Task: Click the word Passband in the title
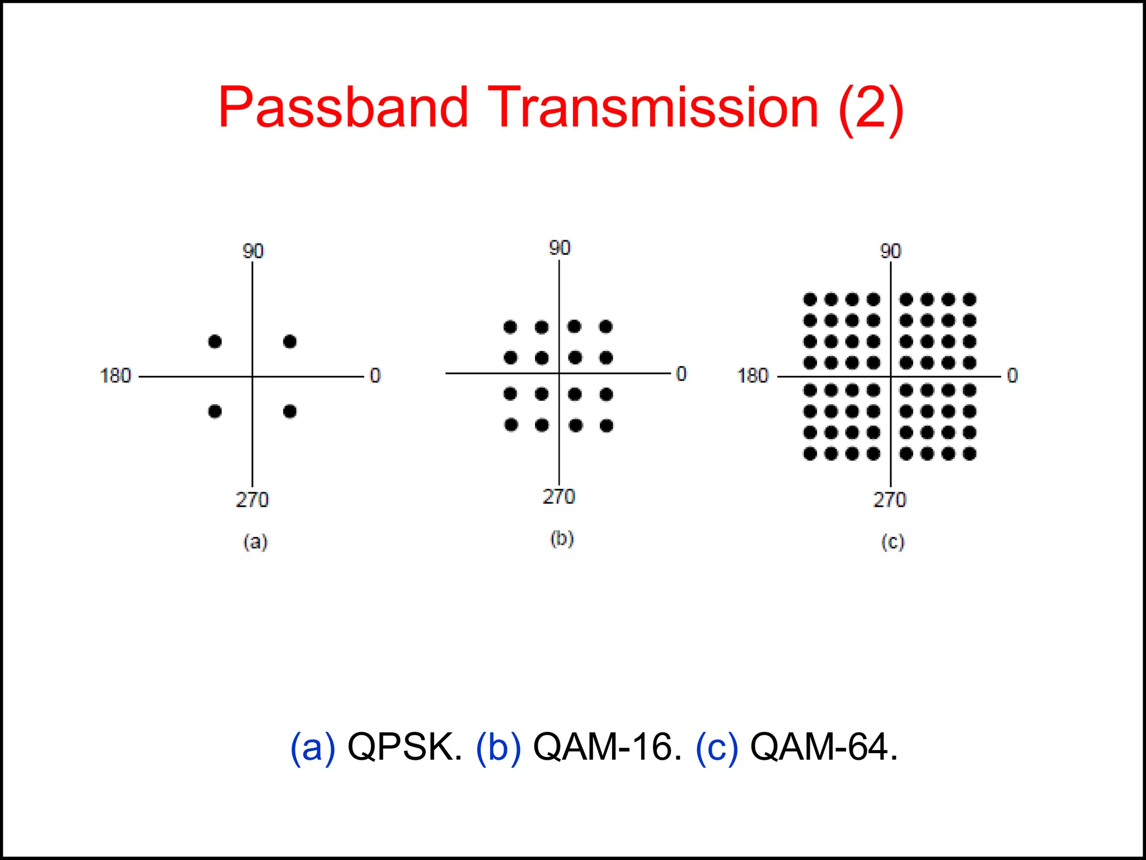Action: point(342,107)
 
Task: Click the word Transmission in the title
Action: point(653,107)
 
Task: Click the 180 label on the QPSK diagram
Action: point(115,376)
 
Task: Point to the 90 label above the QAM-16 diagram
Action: point(559,248)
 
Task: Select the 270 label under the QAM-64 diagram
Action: point(889,499)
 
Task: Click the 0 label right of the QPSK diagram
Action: point(375,376)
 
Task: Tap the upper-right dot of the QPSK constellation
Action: point(290,342)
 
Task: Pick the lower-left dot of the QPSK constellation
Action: point(215,412)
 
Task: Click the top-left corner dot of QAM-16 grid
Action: point(510,327)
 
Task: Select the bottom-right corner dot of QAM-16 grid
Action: point(607,426)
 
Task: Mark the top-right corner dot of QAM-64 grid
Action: point(970,300)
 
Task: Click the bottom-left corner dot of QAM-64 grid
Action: point(810,454)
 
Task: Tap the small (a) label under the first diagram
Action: point(255,542)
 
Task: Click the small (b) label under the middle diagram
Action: point(562,539)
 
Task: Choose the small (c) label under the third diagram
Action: point(893,542)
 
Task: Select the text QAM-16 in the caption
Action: point(607,747)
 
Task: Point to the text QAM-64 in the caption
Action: point(824,747)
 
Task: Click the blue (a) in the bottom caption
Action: point(312,747)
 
